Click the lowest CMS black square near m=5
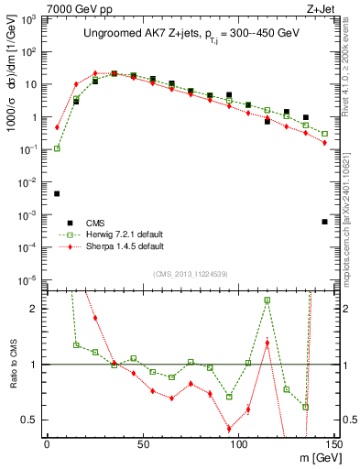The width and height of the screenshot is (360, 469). pos(57,194)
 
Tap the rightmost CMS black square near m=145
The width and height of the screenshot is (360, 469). pos(324,222)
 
